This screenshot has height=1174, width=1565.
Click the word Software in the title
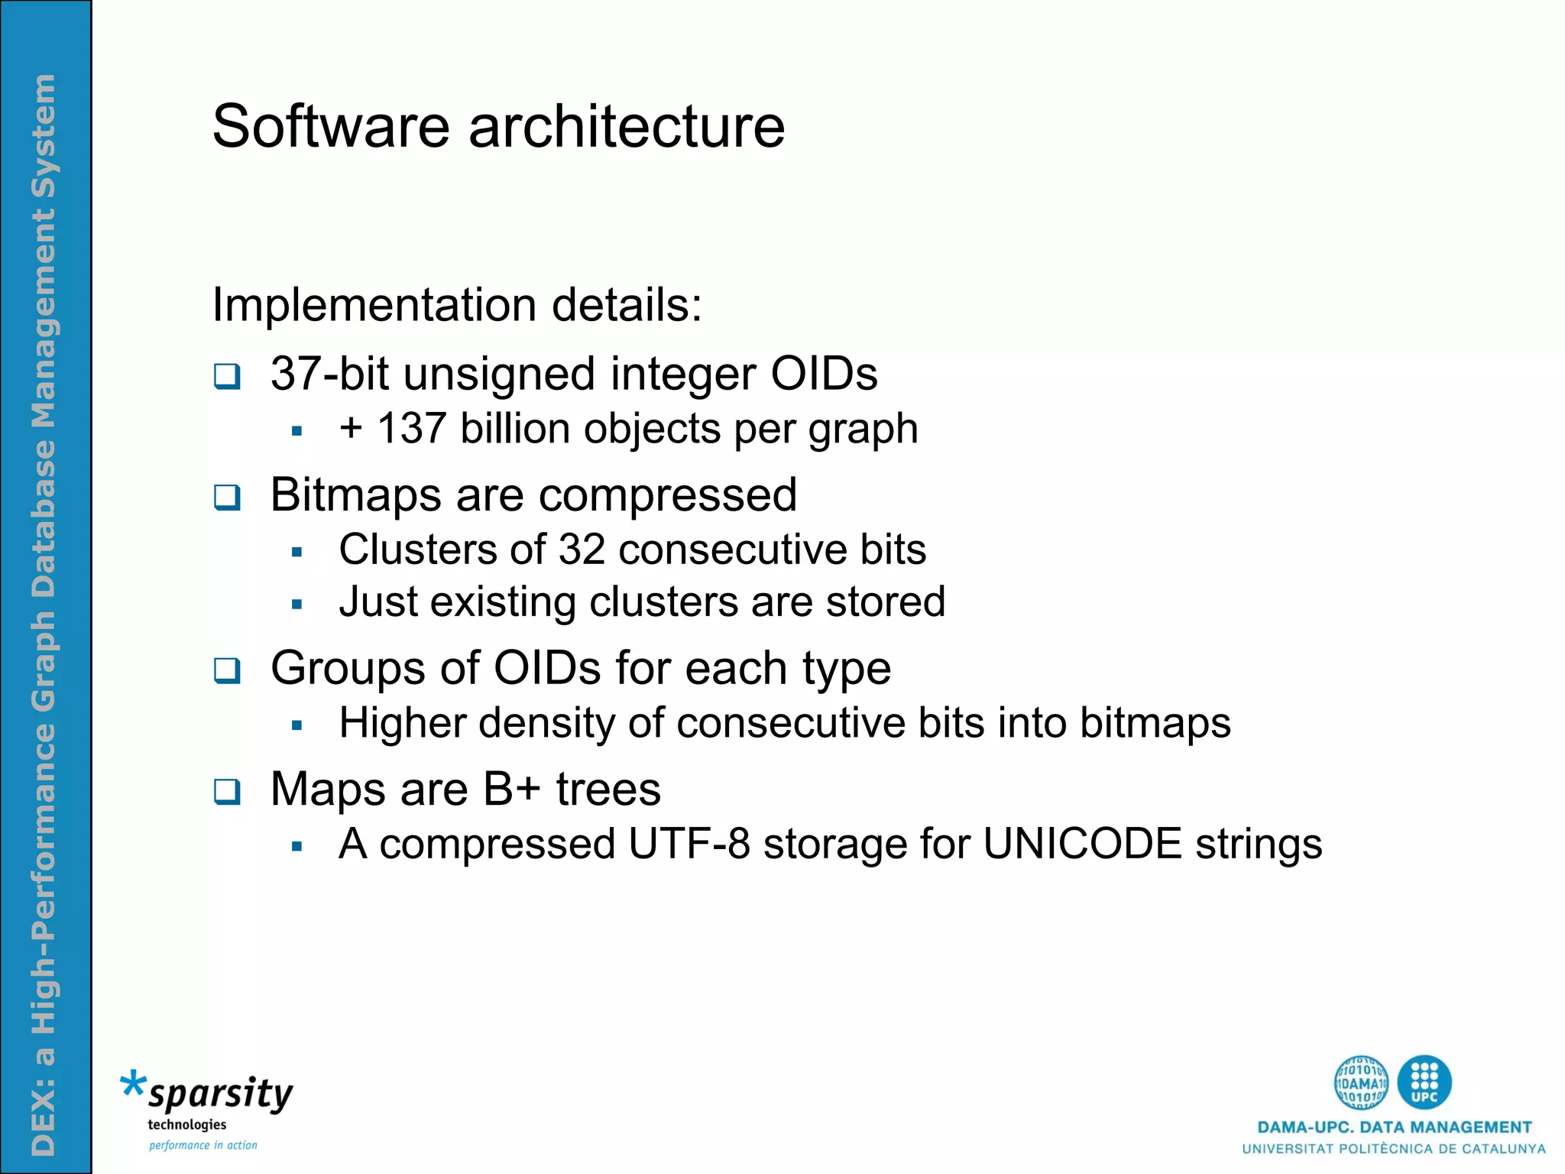click(x=331, y=126)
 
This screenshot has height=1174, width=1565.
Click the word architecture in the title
click(x=627, y=126)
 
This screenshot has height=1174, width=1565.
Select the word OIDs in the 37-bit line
click(x=824, y=374)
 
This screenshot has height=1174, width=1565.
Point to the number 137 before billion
click(x=412, y=428)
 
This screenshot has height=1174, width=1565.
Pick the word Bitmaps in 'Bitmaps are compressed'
click(x=355, y=495)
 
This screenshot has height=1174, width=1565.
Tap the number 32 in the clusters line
click(x=582, y=550)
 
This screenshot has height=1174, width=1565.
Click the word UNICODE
click(x=1082, y=844)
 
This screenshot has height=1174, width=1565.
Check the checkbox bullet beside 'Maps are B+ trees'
click(x=227, y=792)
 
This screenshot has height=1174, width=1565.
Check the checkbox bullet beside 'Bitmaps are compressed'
click(x=227, y=498)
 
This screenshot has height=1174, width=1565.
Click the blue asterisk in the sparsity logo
click(x=133, y=1085)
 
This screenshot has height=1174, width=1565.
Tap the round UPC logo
click(x=1424, y=1082)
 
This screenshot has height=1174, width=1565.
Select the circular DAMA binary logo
click(x=1361, y=1082)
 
